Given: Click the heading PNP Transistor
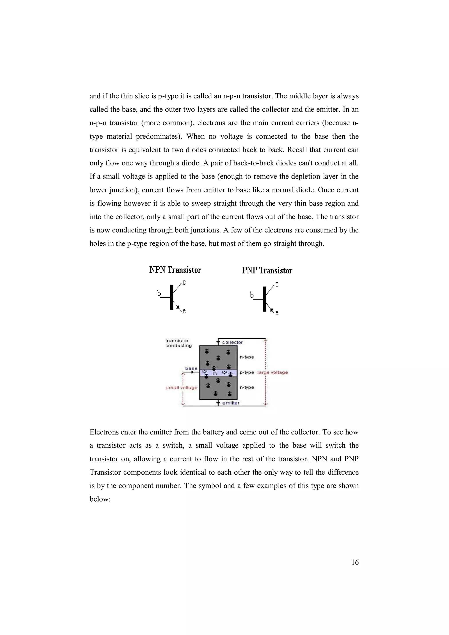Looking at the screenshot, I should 267,270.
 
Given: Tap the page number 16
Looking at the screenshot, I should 355,562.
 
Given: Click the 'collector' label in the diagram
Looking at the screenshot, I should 232,342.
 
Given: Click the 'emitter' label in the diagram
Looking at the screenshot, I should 231,403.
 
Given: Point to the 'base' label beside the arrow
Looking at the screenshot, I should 191,368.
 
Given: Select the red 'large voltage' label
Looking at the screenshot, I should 273,372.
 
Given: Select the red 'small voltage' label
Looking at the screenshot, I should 182,388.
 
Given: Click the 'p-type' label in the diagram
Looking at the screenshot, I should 247,372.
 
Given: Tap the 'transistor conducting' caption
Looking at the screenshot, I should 178,343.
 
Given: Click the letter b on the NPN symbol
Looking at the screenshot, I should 159,293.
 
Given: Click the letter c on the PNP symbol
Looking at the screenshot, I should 277,284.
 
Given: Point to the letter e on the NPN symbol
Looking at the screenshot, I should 184,311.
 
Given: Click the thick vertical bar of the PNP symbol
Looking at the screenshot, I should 264,299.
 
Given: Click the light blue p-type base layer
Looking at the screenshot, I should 218,372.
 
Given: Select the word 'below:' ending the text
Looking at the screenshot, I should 100,499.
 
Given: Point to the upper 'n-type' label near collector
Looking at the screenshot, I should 247,357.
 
